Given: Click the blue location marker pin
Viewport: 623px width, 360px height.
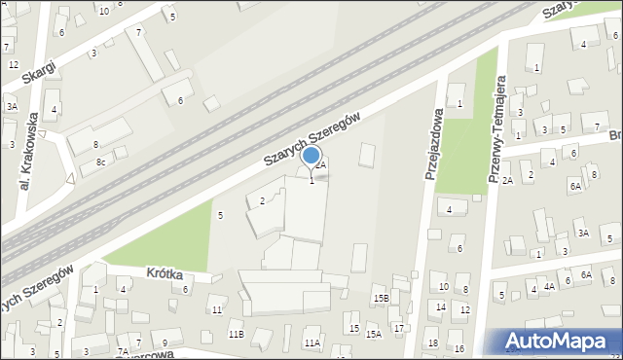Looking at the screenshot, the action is point(311,156).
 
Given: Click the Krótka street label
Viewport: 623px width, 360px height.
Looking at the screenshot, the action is point(165,275).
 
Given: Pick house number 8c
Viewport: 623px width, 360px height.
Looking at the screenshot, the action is point(100,162).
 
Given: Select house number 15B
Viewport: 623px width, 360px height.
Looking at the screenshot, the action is point(382,298).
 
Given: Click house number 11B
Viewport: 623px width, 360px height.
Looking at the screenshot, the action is point(236,334).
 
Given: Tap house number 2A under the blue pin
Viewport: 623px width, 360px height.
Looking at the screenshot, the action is point(320,165).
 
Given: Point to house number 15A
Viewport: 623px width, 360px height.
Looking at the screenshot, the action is point(373,334).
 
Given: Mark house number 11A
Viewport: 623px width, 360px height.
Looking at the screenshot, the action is point(311,342).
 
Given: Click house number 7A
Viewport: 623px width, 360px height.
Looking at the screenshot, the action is point(123,351).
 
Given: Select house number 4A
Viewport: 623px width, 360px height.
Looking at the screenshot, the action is point(549,286).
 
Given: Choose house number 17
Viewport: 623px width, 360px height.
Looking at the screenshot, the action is point(399,328).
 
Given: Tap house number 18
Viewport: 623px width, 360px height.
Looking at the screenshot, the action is point(432,343).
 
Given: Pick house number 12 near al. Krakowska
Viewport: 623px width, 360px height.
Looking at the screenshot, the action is point(13,64).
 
